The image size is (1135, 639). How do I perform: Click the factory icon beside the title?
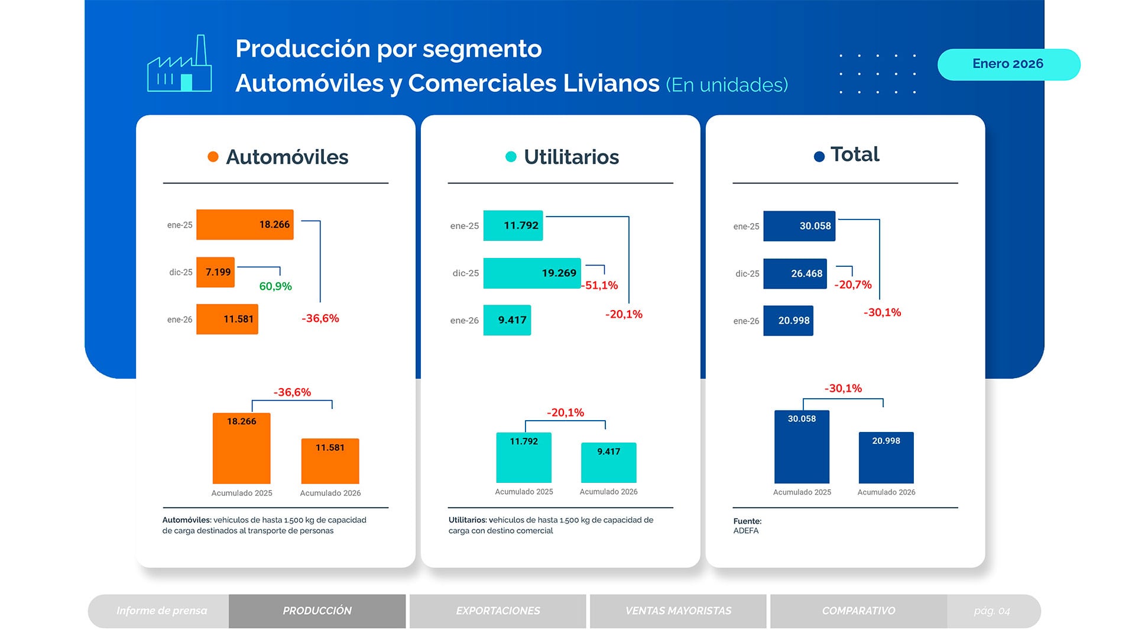pyautogui.click(x=179, y=64)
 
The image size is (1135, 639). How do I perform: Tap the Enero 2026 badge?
pyautogui.click(x=1008, y=64)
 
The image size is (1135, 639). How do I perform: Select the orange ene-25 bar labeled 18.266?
pyautogui.click(x=244, y=225)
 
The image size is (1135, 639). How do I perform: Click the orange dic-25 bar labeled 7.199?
pyautogui.click(x=215, y=272)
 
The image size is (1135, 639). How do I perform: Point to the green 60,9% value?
pyautogui.click(x=275, y=286)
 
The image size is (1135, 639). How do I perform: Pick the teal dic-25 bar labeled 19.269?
pyautogui.click(x=531, y=273)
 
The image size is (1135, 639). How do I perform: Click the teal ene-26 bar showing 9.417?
pyautogui.click(x=507, y=320)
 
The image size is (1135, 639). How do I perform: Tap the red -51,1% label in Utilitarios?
pyautogui.click(x=601, y=285)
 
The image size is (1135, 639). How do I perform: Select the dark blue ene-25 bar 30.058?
pyautogui.click(x=799, y=226)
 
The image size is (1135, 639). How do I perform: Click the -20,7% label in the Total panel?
pyautogui.click(x=852, y=285)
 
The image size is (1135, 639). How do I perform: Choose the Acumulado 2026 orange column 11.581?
pyautogui.click(x=330, y=461)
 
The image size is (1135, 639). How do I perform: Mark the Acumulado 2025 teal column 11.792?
pyautogui.click(x=524, y=457)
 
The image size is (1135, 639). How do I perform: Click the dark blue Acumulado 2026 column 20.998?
pyautogui.click(x=886, y=457)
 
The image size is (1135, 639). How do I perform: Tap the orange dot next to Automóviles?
pyautogui.click(x=213, y=157)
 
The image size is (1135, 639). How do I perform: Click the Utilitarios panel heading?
pyautogui.click(x=570, y=157)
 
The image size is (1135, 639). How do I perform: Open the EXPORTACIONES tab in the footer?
pyautogui.click(x=498, y=611)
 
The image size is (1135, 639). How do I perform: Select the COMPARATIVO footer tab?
pyautogui.click(x=858, y=611)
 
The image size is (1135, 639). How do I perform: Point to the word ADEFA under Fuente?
pyautogui.click(x=746, y=531)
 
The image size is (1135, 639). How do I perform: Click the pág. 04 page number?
pyautogui.click(x=992, y=611)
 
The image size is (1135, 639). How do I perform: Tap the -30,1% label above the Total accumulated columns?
pyautogui.click(x=843, y=389)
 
